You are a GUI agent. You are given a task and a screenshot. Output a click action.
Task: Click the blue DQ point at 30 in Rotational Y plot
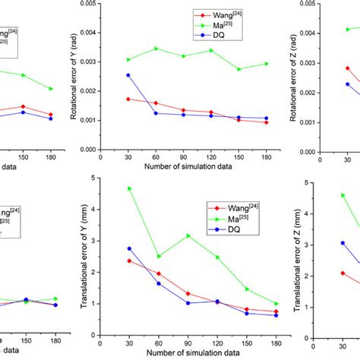tap(128, 75)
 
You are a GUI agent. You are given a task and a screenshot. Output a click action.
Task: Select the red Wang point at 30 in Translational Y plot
tap(128, 261)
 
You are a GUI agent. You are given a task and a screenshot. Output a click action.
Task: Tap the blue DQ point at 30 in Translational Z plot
tap(343, 243)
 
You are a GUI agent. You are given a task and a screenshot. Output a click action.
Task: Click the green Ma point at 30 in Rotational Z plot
tap(348, 29)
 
